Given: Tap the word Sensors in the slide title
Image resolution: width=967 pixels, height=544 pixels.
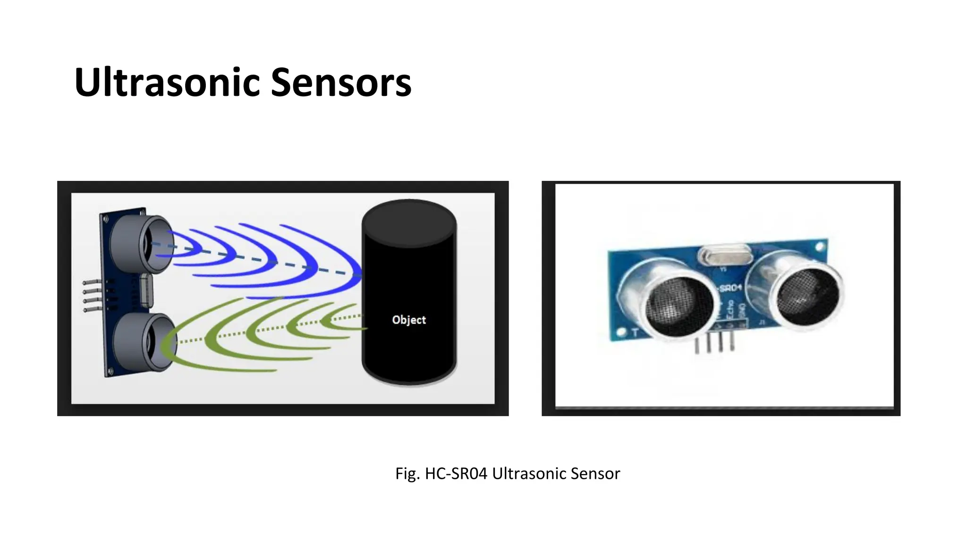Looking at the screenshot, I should coord(341,83).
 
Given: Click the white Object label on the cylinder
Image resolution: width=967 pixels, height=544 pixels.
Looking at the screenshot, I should coord(409,320).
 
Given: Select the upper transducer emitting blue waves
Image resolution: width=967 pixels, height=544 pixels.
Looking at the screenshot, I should coord(142,244).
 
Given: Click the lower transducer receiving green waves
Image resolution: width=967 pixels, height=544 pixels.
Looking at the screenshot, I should coord(144,342).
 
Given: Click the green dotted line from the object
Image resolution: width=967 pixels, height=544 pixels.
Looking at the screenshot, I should coord(264,330).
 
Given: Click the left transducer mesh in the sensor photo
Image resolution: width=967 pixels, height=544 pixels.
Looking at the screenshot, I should coord(679,306).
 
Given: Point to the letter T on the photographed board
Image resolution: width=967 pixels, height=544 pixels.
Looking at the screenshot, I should coord(635,332).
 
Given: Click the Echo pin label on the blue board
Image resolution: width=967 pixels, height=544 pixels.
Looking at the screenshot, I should coord(731,311).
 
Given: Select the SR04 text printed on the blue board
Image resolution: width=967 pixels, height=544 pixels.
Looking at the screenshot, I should coord(730,287).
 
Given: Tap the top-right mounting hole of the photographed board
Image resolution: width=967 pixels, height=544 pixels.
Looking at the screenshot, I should coord(820,246).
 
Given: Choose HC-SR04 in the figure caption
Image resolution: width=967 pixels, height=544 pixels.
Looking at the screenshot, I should coord(456,474).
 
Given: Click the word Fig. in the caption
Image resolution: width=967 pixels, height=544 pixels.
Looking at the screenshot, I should coord(407,474).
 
